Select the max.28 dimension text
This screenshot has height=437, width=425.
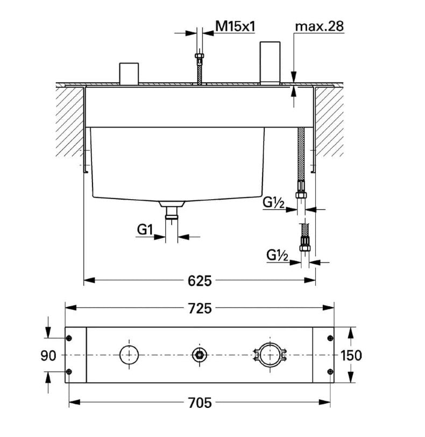pyautogui.click(x=320, y=25)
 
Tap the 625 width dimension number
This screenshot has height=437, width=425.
pyautogui.click(x=199, y=280)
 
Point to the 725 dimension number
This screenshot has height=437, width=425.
pyautogui.click(x=199, y=308)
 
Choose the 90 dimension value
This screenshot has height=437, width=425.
pyautogui.click(x=48, y=355)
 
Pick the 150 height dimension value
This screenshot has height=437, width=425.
pyautogui.click(x=351, y=355)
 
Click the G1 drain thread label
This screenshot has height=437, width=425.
pyautogui.click(x=143, y=230)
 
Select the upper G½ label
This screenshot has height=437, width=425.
pyautogui.click(x=274, y=203)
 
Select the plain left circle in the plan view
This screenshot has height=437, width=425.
pyautogui.click(x=129, y=355)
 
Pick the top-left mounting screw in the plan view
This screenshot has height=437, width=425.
pyautogui.click(x=69, y=338)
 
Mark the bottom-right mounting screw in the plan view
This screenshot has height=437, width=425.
pyautogui.click(x=330, y=372)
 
